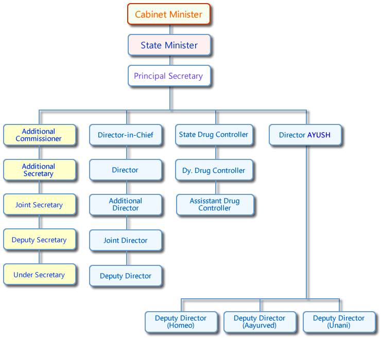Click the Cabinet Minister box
(168, 14)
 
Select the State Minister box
(169, 45)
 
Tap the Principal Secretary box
(168, 76)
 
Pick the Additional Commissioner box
(39, 135)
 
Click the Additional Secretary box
(39, 170)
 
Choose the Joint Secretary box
(39, 205)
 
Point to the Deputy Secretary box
(39, 240)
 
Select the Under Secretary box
(39, 275)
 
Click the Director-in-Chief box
(126, 135)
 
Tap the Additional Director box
(126, 205)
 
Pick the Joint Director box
(126, 240)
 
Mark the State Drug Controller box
(214, 135)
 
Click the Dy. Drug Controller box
(214, 170)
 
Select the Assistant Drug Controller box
(215, 205)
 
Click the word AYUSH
(319, 135)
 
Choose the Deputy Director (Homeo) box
(181, 322)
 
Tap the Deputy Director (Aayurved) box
(259, 322)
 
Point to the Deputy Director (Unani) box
(339, 322)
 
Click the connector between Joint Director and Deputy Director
(127, 258)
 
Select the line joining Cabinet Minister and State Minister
(170, 29)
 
